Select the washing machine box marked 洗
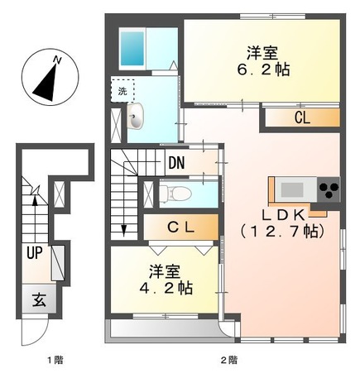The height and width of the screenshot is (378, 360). (x=121, y=89)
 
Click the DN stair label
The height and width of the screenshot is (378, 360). (x=175, y=163)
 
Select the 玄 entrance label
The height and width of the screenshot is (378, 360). (x=39, y=299)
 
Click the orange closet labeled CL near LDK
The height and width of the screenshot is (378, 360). (x=302, y=118)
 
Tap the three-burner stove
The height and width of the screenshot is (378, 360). (x=329, y=189)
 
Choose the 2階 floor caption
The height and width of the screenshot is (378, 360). (x=229, y=361)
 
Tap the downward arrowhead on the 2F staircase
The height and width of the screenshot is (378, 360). (x=123, y=229)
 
